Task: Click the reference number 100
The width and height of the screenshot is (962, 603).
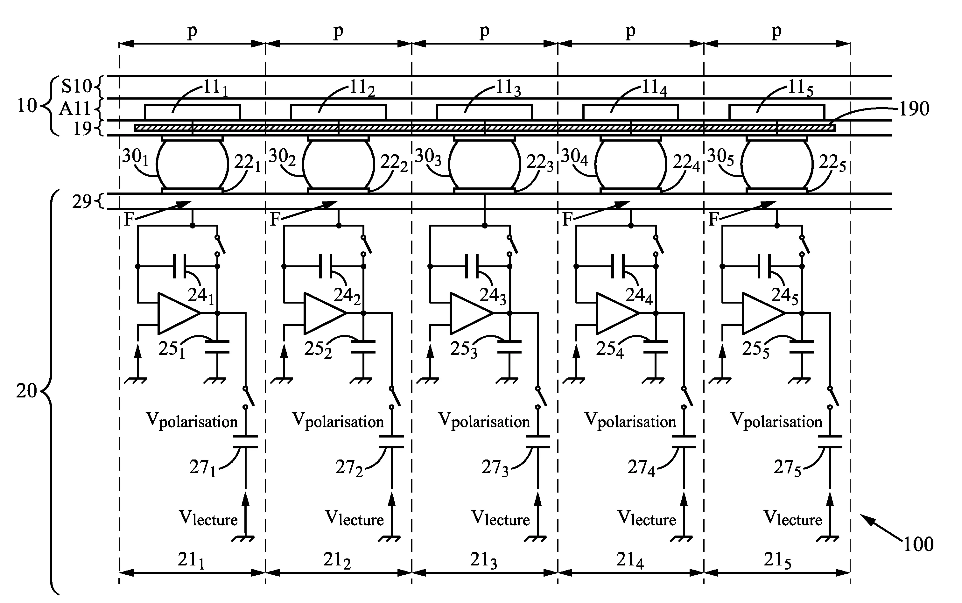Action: (918, 544)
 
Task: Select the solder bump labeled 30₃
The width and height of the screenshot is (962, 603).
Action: (484, 164)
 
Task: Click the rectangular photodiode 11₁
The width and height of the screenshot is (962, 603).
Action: (192, 112)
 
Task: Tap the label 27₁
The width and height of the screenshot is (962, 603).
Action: (203, 468)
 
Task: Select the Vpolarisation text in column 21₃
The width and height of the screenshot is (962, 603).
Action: (484, 421)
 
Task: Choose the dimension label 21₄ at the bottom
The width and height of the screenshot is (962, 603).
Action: (630, 561)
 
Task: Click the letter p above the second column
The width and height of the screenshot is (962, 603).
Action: (338, 31)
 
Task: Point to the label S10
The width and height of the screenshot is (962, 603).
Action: (77, 86)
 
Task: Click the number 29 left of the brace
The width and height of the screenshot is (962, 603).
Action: (82, 202)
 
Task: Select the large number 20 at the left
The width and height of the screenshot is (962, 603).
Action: (26, 391)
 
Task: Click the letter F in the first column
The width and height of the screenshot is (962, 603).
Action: (129, 219)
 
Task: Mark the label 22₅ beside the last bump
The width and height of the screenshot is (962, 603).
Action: (832, 164)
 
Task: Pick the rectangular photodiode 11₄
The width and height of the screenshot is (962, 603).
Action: (630, 112)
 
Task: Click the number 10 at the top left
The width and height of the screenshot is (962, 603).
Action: (27, 106)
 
